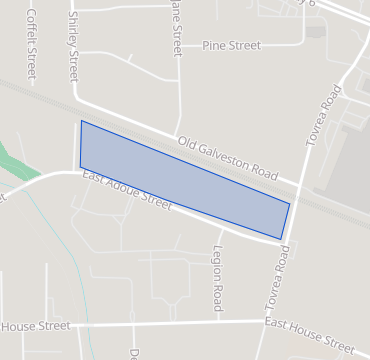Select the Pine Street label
[x=231, y=46]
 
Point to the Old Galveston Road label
[x=227, y=157]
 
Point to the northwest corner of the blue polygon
[x=81, y=121]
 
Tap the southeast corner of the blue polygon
[x=281, y=240]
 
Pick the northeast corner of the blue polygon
[x=290, y=204]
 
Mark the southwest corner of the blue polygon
[x=80, y=167]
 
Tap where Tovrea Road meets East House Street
[x=262, y=322]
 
